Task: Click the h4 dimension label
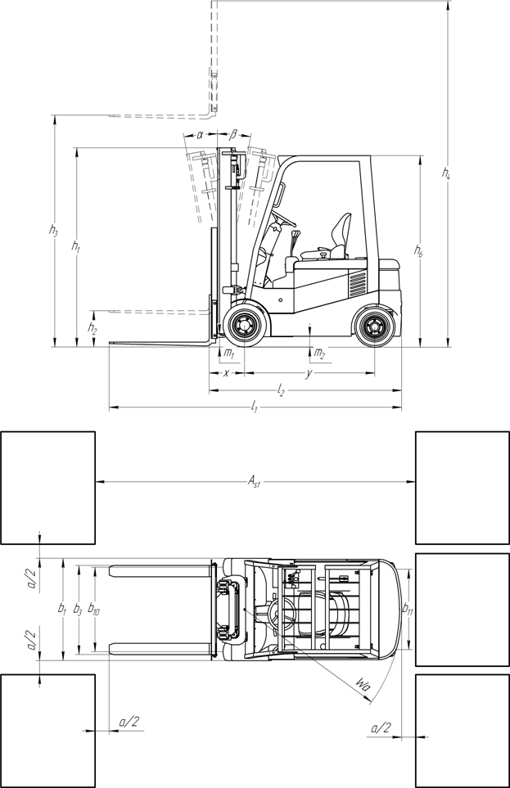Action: coord(446,173)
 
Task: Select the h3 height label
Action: coord(53,230)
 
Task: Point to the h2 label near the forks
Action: coord(92,328)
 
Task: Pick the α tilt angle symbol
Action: coord(200,135)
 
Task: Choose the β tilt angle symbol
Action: coord(234,135)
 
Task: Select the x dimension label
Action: coord(226,373)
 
